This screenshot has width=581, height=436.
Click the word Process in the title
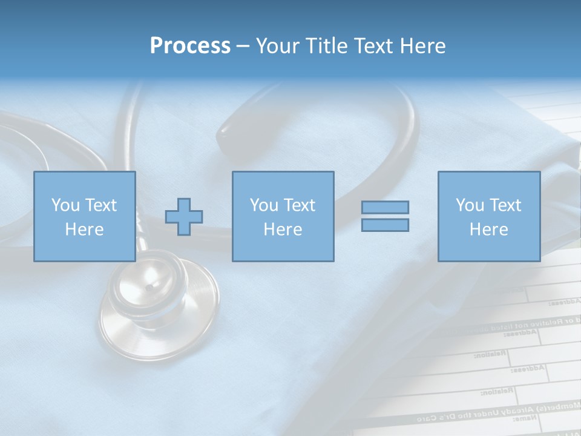(190, 46)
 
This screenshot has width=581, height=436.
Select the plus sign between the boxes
(184, 216)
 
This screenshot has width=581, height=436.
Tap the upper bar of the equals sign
(385, 207)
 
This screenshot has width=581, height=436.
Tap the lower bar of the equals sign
(385, 225)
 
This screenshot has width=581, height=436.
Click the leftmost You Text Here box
(84, 216)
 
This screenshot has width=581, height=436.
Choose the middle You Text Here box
(283, 216)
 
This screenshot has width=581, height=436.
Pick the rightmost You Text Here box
(488, 216)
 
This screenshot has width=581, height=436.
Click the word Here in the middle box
(283, 230)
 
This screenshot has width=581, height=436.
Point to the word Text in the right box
(505, 205)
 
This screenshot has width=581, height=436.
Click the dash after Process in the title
(243, 47)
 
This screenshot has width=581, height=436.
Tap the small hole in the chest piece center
(149, 288)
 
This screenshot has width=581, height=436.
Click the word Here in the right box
(488, 230)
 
